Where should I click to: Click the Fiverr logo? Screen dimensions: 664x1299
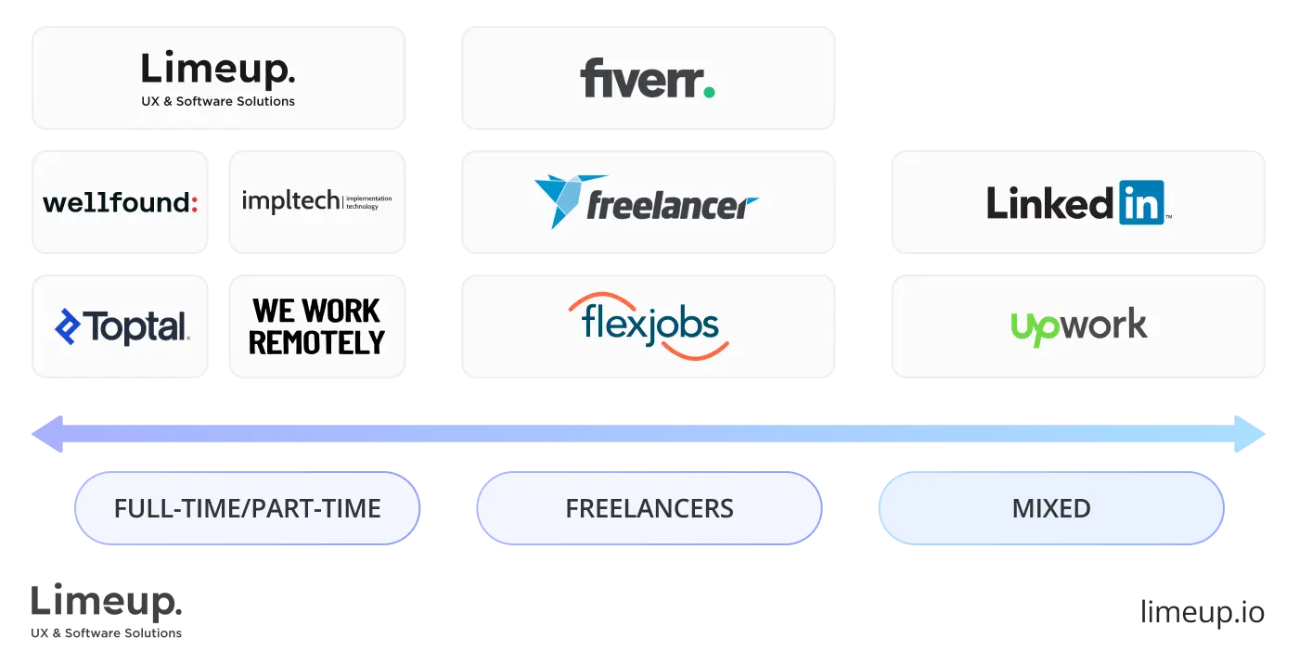tap(648, 79)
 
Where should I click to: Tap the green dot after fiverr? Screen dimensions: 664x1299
tap(709, 91)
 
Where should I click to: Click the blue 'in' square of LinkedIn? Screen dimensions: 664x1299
tap(1141, 202)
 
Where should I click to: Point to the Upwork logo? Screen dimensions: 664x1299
tap(1078, 326)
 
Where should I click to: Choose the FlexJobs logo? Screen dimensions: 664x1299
tap(649, 326)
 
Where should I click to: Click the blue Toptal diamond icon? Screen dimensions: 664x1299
tap(68, 326)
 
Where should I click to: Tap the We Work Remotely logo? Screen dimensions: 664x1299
tap(316, 326)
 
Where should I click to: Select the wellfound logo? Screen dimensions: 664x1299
tap(121, 202)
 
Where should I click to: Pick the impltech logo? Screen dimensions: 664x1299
tap(316, 201)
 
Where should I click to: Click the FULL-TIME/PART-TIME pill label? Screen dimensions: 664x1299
tap(247, 508)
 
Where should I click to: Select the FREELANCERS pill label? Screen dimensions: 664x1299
tap(649, 508)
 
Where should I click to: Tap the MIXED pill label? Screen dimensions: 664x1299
tap(1050, 508)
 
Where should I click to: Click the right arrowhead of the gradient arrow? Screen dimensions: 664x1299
tap(1254, 434)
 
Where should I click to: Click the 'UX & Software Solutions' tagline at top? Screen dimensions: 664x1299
tap(218, 101)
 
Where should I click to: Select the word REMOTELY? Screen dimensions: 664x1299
tap(316, 343)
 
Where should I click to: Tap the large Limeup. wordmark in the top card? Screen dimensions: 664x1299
tap(218, 70)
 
